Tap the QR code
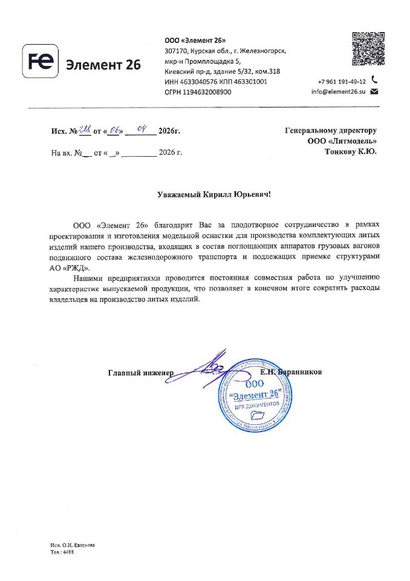[368, 49]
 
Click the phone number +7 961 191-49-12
[342, 81]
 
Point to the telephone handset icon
[374, 79]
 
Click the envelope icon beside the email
[374, 91]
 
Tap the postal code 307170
[175, 51]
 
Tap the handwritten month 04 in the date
[143, 128]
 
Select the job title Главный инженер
[140, 372]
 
